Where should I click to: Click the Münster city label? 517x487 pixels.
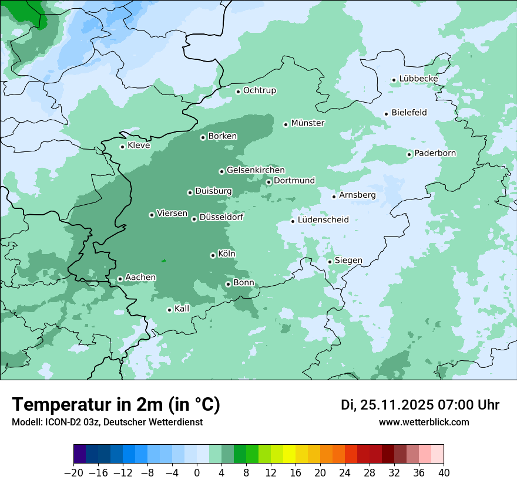[307, 123]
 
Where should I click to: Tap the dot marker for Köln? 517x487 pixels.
[213, 255]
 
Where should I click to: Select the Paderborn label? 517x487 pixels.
[435, 154]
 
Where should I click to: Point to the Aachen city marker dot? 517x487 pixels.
[120, 279]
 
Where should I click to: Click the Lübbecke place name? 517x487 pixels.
[418, 79]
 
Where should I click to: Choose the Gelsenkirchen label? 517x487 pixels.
[256, 170]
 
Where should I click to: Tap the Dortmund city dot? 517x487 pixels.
[268, 182]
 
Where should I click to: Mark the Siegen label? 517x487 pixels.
[348, 261]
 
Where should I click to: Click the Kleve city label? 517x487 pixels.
[139, 146]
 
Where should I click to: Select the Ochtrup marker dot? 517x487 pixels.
[238, 91]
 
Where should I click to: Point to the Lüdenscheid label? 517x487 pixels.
[323, 220]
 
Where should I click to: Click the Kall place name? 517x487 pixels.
[182, 309]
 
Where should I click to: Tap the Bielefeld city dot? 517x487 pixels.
[387, 114]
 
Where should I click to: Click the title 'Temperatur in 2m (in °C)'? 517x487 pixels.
[116, 405]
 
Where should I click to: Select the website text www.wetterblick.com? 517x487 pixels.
[424, 422]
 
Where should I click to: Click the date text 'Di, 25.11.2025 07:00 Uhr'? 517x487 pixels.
[420, 405]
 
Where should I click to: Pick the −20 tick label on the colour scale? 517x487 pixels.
[73, 473]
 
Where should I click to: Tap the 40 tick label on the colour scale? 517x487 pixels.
[444, 473]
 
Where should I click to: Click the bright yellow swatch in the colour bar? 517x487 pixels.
[289, 454]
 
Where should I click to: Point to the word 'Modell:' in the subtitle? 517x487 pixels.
[26, 422]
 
